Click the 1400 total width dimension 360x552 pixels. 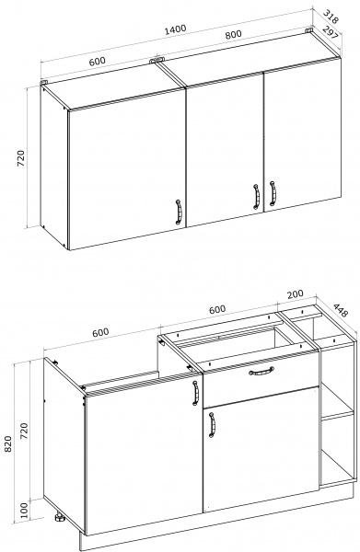coord(175,29)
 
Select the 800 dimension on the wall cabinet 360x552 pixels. coord(233,35)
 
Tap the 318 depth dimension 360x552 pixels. coord(331,17)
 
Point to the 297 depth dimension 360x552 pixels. coord(331,33)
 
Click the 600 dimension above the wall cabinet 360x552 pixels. coord(97,61)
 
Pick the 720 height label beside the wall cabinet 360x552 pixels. coord(21,158)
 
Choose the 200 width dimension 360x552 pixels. coord(295,294)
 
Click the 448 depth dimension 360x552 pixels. coord(340,310)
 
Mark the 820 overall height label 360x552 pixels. coord(7,443)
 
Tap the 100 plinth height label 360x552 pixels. coord(23,511)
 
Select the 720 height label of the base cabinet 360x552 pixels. coord(23,431)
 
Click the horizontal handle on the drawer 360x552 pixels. coord(261,371)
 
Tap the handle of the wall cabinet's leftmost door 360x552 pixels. coord(179,212)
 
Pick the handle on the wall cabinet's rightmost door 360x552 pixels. coord(273,193)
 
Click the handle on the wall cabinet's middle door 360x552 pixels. coord(256,197)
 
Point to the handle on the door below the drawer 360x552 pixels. coord(212,425)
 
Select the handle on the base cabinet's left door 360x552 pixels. coord(195,393)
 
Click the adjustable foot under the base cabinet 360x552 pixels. coord(59,517)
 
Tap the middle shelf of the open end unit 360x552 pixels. coord(337,416)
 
